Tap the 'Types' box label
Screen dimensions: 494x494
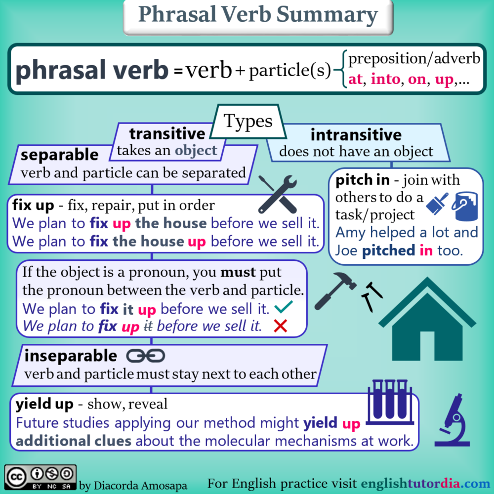(248, 121)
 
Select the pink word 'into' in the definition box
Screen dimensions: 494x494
(385, 79)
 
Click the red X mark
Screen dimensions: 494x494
(281, 326)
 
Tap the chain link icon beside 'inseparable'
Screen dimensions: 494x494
(146, 356)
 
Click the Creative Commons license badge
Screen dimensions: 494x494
(41, 478)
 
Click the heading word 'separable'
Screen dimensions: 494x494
(60, 155)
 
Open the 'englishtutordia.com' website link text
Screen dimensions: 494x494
(425, 483)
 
